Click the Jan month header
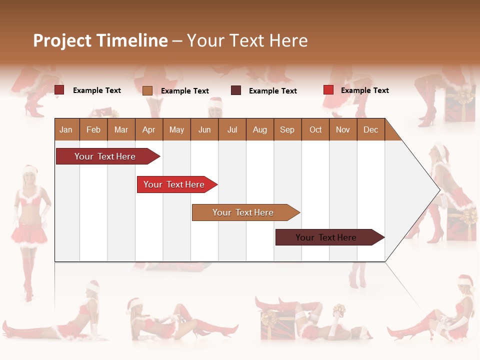click(x=66, y=129)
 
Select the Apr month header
click(x=148, y=129)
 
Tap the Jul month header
click(x=232, y=129)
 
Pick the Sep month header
click(x=287, y=129)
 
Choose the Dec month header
click(x=370, y=129)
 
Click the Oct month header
click(x=315, y=129)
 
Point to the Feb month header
click(x=93, y=129)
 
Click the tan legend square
click(x=147, y=90)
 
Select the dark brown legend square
click(x=236, y=90)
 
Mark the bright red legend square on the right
click(x=328, y=90)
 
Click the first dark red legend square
click(x=59, y=90)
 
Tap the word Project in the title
click(x=62, y=40)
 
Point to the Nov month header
click(x=343, y=129)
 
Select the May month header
click(x=176, y=129)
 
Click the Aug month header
click(x=259, y=129)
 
